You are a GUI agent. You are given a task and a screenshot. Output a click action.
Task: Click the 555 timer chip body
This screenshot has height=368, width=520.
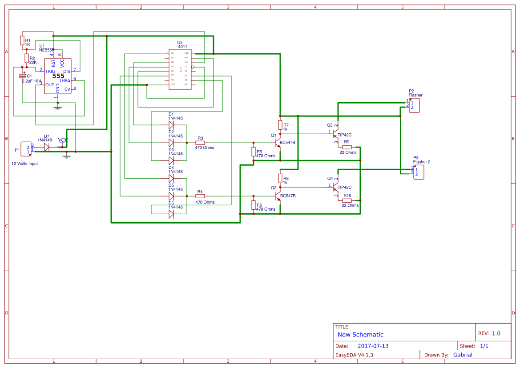[57, 76]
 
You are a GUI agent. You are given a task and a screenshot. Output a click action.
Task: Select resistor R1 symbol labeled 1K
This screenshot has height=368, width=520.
[22, 40]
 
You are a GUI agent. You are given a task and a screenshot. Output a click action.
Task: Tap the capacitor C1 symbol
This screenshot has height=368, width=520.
[22, 76]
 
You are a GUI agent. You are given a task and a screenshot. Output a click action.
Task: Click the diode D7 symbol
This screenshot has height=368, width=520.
[47, 148]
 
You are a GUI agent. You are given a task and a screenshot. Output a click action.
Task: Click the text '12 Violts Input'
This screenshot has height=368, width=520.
[24, 164]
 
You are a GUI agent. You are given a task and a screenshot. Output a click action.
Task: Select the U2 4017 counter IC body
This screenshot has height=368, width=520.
[182, 69]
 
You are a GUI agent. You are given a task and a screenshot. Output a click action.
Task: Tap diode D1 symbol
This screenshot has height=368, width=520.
[171, 125]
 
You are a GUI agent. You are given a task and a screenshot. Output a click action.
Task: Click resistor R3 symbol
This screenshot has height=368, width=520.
[200, 143]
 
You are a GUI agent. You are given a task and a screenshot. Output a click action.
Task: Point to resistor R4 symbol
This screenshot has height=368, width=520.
[200, 196]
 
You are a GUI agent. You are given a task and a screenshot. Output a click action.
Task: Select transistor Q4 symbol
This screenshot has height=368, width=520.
[336, 187]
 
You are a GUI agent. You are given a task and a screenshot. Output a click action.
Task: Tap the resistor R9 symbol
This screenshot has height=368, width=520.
[347, 147]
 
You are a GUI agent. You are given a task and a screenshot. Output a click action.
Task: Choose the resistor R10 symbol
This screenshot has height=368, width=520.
[347, 200]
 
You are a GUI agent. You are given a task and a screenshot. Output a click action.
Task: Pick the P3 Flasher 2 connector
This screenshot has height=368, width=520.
[419, 172]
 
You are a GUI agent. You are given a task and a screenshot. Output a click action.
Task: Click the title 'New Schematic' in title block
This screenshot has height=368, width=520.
[360, 335]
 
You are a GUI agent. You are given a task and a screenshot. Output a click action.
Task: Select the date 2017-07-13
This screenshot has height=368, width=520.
[373, 346]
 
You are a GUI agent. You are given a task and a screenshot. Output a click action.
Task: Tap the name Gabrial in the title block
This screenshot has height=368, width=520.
[463, 355]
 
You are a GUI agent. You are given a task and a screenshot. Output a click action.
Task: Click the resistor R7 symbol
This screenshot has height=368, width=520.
[280, 125]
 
